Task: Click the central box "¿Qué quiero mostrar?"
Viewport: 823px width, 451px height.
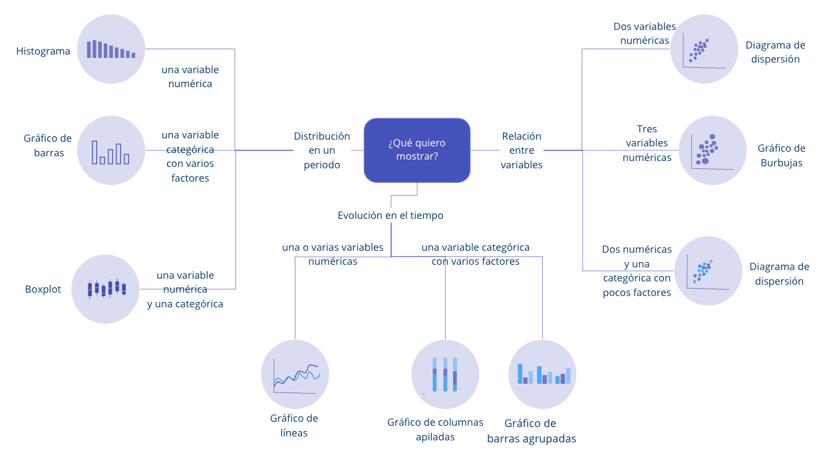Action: (416, 150)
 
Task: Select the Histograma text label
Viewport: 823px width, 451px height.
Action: (43, 51)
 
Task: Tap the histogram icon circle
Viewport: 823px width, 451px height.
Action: (111, 50)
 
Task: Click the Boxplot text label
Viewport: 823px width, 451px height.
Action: (43, 289)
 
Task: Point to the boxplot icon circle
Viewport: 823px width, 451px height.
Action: (106, 289)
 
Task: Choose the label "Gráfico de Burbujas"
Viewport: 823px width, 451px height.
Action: (781, 156)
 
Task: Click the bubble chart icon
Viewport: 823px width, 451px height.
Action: (712, 150)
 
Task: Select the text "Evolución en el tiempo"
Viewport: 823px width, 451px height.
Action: (391, 216)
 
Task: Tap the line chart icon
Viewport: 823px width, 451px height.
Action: (295, 374)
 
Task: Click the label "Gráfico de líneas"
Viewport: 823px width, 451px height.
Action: (294, 426)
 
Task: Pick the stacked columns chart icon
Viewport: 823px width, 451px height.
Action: (444, 374)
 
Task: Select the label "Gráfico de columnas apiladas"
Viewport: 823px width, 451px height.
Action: (435, 430)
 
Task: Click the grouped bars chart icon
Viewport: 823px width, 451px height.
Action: (542, 375)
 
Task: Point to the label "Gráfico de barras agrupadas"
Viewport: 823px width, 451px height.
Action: (531, 431)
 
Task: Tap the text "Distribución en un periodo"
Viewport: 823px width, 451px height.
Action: (322, 150)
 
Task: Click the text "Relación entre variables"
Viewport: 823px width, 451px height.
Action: (522, 150)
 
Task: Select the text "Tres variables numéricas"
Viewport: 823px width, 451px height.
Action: (647, 143)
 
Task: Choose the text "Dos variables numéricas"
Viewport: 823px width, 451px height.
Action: (645, 33)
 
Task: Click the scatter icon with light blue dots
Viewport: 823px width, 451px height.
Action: (708, 270)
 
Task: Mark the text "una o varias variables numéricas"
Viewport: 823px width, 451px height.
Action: (333, 254)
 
